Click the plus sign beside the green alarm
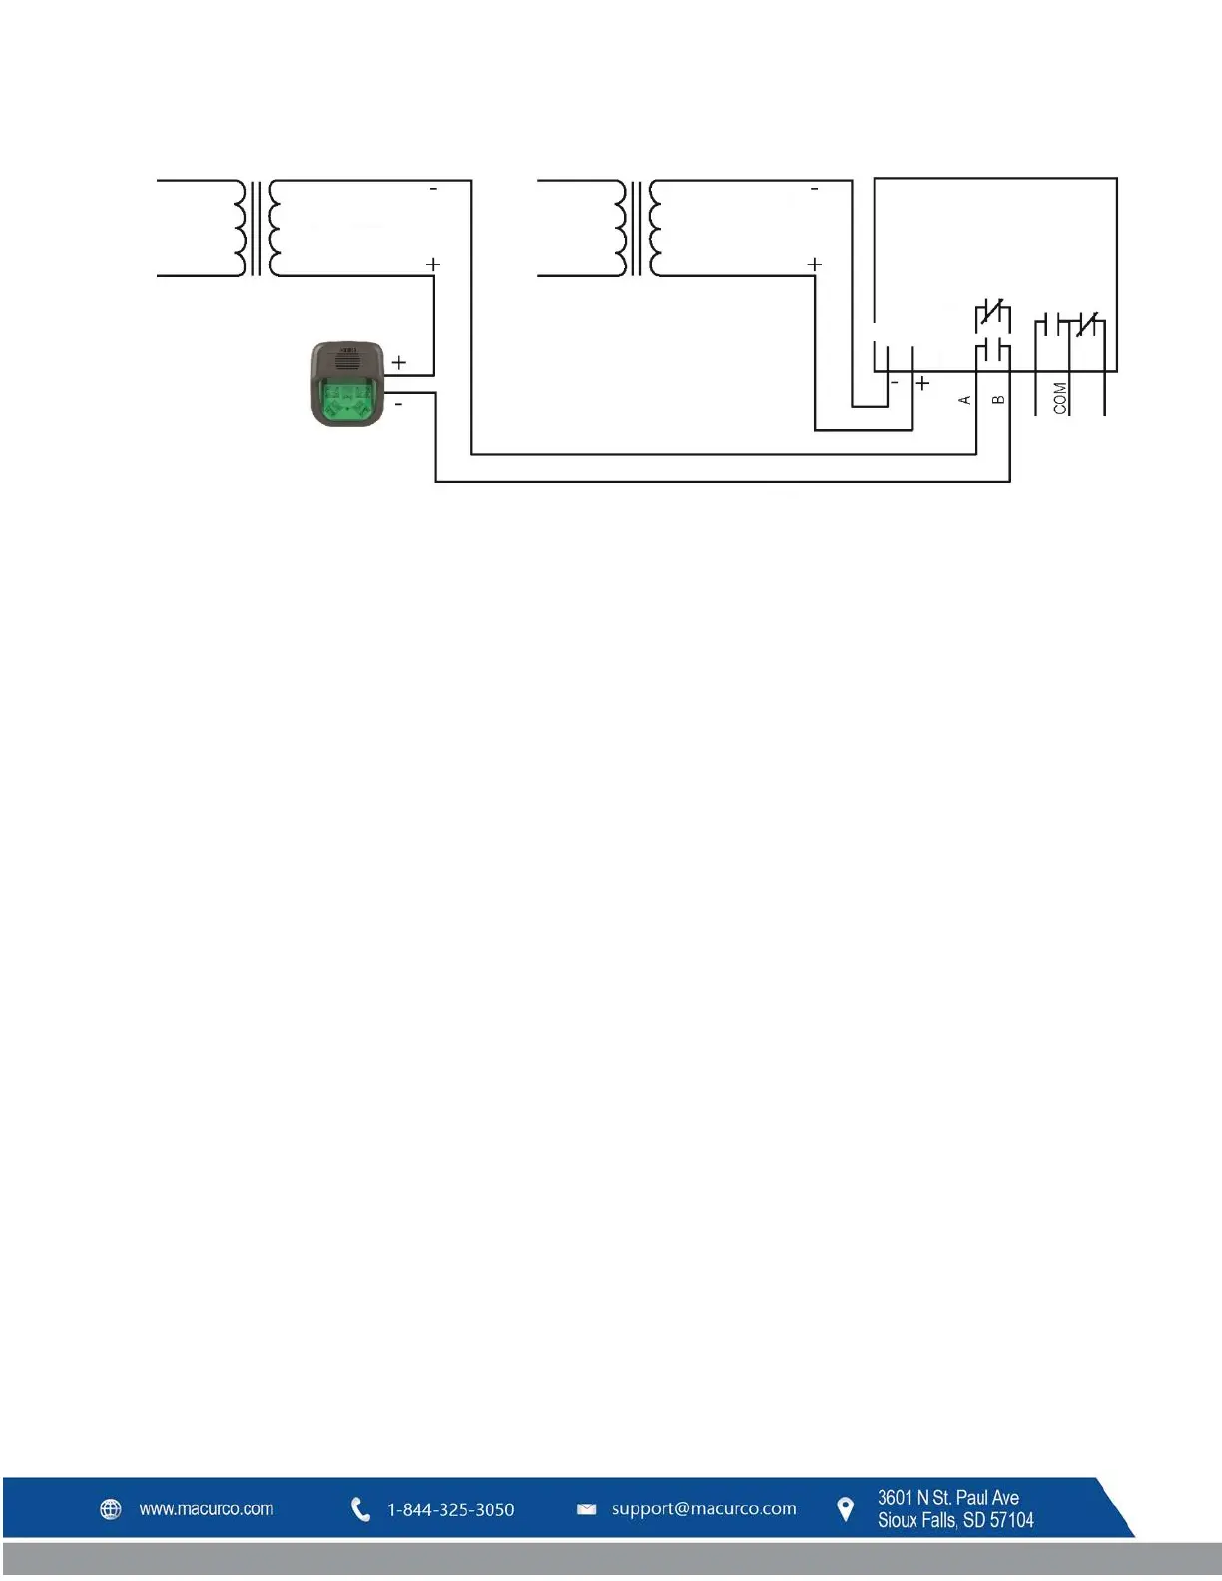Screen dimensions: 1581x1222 tap(398, 362)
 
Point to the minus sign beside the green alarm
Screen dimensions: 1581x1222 tap(399, 404)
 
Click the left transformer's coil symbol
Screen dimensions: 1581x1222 tap(257, 228)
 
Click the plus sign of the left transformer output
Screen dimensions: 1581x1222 tap(433, 264)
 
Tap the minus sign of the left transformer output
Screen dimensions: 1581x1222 tap(433, 189)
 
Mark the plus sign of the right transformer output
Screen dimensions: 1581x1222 tap(815, 264)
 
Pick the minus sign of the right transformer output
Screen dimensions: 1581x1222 tap(814, 189)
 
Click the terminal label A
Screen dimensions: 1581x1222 tap(964, 400)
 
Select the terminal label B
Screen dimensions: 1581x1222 tap(998, 400)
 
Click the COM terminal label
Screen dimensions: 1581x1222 tap(1060, 397)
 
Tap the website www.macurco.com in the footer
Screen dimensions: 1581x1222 tap(206, 1509)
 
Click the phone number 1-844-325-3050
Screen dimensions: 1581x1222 tap(451, 1510)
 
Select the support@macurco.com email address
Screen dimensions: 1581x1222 tap(704, 1509)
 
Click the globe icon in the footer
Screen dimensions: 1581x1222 tap(111, 1509)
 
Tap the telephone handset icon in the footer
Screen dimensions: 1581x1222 tap(360, 1510)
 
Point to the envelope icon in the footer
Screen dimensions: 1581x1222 tap(587, 1510)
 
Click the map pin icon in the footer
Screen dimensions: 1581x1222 tap(845, 1510)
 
